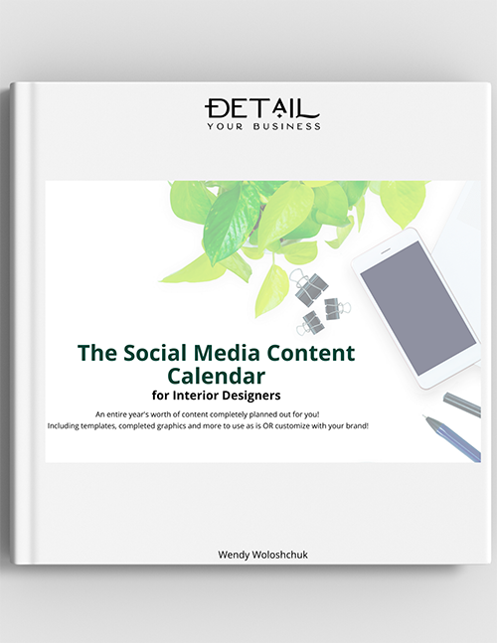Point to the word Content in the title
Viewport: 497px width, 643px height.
315,353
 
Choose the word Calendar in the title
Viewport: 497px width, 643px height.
217,377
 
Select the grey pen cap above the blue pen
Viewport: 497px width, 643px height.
461,403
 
